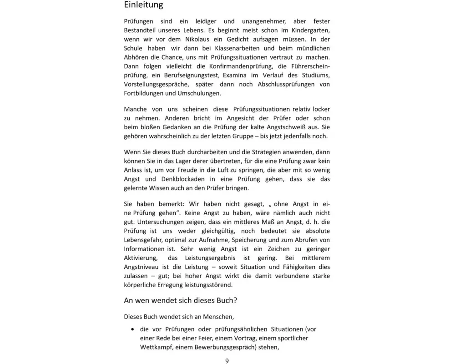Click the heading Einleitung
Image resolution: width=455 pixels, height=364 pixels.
pyautogui.click(x=143, y=5)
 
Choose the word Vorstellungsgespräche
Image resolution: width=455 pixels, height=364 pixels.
pyautogui.click(x=157, y=84)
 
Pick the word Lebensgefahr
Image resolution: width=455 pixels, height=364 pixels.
pyautogui.click(x=145, y=240)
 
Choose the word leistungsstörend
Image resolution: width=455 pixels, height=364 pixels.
pyautogui.click(x=207, y=285)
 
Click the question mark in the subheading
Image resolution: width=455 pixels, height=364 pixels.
pyautogui.click(x=235, y=301)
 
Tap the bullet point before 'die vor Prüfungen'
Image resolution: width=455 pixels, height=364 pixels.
pyautogui.click(x=132, y=329)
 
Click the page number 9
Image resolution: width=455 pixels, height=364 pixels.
pyautogui.click(x=227, y=361)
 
